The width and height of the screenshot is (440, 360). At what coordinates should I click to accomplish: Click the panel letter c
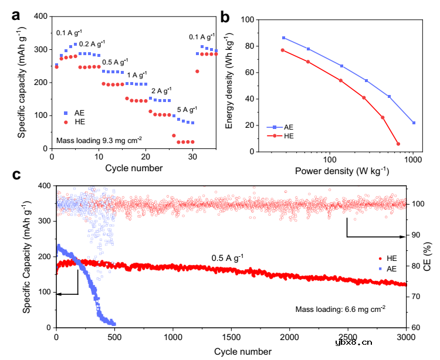(16, 175)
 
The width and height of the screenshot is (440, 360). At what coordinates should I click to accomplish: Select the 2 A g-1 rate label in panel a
(161, 91)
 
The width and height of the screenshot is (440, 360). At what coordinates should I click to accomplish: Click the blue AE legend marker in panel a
(66, 113)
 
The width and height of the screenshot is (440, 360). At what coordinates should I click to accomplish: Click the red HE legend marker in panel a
(66, 123)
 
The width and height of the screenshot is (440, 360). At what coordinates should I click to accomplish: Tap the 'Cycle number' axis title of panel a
(134, 168)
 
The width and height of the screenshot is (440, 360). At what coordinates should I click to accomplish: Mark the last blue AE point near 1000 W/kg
(414, 123)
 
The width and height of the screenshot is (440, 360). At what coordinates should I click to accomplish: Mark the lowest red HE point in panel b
(398, 144)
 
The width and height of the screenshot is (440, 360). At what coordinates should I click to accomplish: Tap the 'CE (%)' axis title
(430, 257)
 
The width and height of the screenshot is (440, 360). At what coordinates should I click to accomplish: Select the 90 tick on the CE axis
(414, 235)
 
